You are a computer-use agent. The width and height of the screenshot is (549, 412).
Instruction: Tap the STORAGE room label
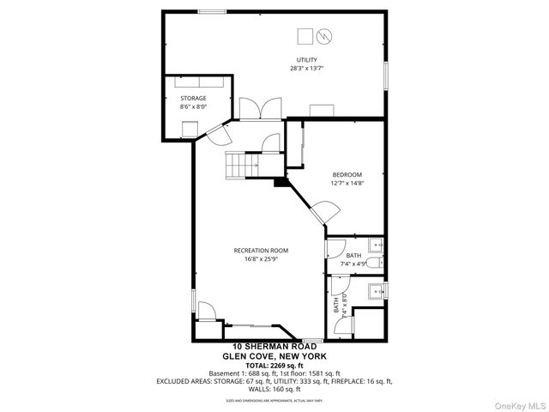point(193,98)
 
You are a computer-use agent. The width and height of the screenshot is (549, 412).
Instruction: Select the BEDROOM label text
point(347,174)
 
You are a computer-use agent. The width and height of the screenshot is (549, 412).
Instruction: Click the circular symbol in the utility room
point(324,36)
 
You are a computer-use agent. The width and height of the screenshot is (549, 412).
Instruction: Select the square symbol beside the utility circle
point(305,36)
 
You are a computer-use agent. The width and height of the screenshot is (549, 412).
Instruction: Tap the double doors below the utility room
point(257,108)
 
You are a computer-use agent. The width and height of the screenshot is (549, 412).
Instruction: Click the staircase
point(239,163)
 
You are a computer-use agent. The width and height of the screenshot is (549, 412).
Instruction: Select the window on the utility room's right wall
point(387,75)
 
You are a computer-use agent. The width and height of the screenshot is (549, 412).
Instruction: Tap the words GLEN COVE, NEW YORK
point(274,356)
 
